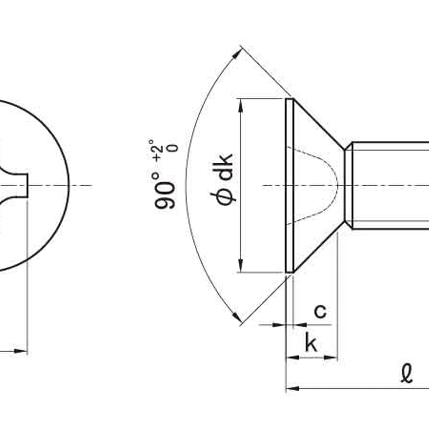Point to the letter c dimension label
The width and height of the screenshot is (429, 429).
click(320, 311)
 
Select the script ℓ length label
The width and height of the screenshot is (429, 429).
click(407, 373)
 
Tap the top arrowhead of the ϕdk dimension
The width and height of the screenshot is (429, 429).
click(241, 105)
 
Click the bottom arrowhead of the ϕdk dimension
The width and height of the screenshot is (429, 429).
click(241, 265)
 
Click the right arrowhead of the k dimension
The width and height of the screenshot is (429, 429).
click(331, 357)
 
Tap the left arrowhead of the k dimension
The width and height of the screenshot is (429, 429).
click(293, 357)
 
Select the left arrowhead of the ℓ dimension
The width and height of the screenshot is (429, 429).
click(293, 388)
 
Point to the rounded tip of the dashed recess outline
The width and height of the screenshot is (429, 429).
click(338, 186)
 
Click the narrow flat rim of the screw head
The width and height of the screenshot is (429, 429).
click(290, 186)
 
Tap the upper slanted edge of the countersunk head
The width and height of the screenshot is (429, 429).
click(319, 124)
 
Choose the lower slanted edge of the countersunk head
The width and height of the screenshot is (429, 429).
click(319, 247)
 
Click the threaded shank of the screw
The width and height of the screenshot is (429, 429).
click(390, 186)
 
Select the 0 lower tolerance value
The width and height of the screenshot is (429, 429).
click(173, 148)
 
